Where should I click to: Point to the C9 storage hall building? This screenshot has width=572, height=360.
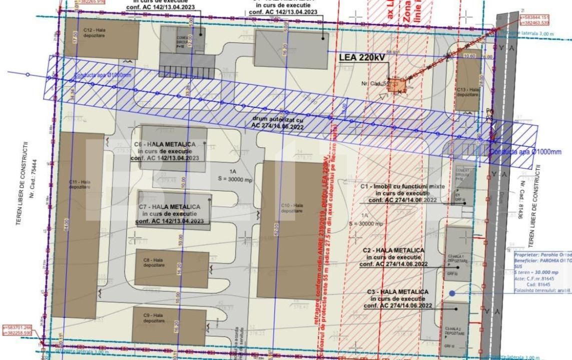[169, 326]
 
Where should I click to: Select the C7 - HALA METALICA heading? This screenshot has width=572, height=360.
[169, 207]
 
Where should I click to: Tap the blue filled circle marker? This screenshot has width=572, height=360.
[452, 293]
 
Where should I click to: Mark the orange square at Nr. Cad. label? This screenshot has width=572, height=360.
[397, 85]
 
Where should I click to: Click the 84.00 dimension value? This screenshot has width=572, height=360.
[66, 233]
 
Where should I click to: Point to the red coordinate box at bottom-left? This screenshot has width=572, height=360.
[18, 330]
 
